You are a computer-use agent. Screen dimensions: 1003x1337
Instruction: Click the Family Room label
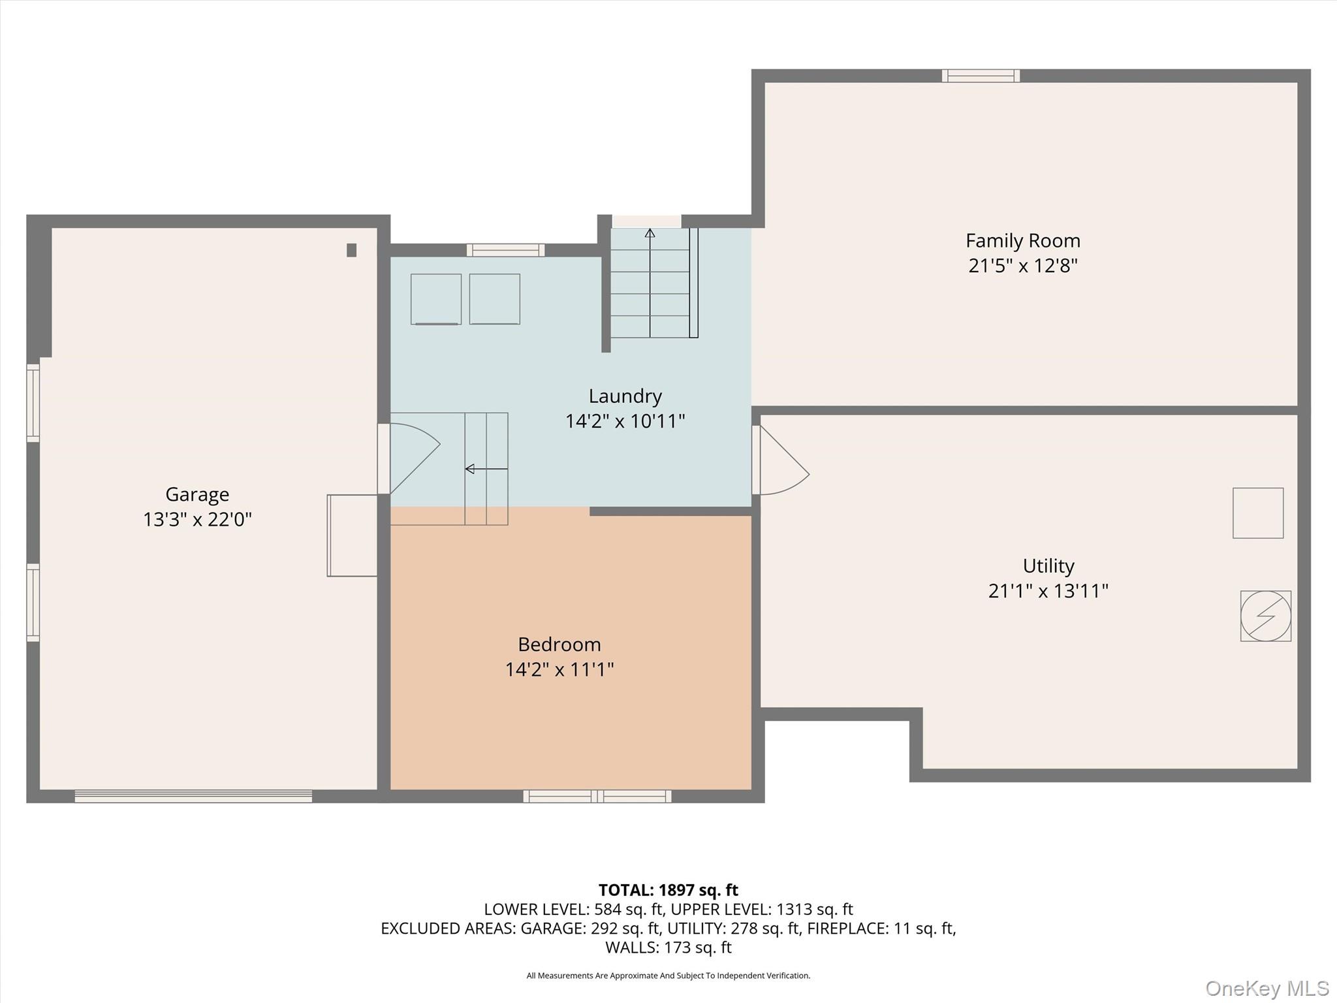(x=1022, y=241)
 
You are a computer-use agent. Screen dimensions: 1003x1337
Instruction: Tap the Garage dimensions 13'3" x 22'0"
(x=197, y=520)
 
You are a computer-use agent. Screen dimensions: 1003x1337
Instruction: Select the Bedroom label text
(x=559, y=645)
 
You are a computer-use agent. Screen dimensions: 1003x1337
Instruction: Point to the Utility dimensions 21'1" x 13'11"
(x=1048, y=591)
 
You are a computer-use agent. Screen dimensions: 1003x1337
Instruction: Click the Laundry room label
(x=625, y=396)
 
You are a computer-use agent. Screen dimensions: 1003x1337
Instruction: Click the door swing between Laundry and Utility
(x=782, y=461)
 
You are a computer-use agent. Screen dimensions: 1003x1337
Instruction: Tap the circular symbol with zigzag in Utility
(x=1265, y=616)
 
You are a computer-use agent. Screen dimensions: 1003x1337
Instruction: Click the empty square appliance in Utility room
(x=1257, y=513)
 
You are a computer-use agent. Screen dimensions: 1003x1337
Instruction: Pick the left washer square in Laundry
(x=435, y=299)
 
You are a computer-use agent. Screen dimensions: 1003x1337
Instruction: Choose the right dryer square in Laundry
(x=494, y=299)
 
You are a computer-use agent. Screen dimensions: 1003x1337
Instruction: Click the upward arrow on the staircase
(x=650, y=234)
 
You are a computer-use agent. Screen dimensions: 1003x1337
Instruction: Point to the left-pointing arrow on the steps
(x=471, y=469)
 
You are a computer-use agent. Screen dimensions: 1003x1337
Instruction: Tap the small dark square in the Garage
(x=351, y=250)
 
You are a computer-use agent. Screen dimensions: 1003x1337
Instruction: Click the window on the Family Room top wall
(x=980, y=76)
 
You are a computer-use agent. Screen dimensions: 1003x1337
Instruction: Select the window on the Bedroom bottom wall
(x=597, y=796)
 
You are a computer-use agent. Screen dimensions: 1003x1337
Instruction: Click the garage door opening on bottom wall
(x=193, y=796)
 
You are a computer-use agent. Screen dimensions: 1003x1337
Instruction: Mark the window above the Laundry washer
(x=505, y=250)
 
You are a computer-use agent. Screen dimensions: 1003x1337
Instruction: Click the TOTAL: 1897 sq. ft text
(x=668, y=890)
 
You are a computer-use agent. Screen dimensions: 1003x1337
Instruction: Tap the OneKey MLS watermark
(x=1266, y=988)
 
